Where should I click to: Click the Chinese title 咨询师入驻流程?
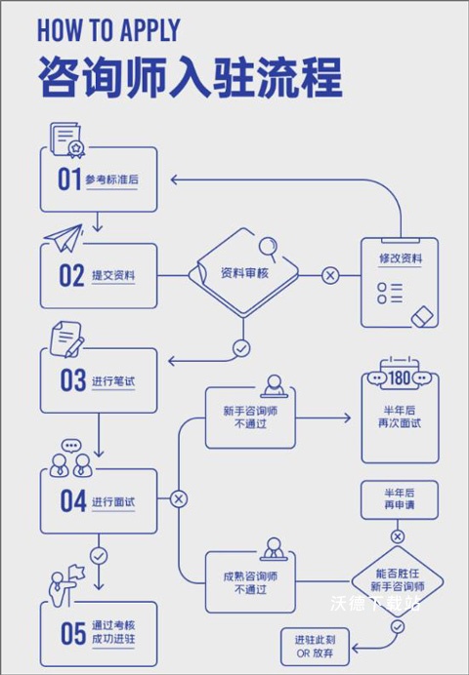(191, 76)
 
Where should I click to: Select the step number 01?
(68, 179)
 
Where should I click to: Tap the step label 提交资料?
(113, 276)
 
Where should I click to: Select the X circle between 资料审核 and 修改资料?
(330, 276)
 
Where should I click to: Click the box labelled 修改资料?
(400, 282)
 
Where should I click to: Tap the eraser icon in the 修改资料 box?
(422, 315)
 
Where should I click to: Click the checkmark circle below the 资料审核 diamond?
(241, 346)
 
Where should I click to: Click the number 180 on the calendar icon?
(400, 377)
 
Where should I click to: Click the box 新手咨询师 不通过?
(250, 417)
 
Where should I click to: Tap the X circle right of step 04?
(178, 499)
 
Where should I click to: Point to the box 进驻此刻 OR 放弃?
(316, 645)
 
